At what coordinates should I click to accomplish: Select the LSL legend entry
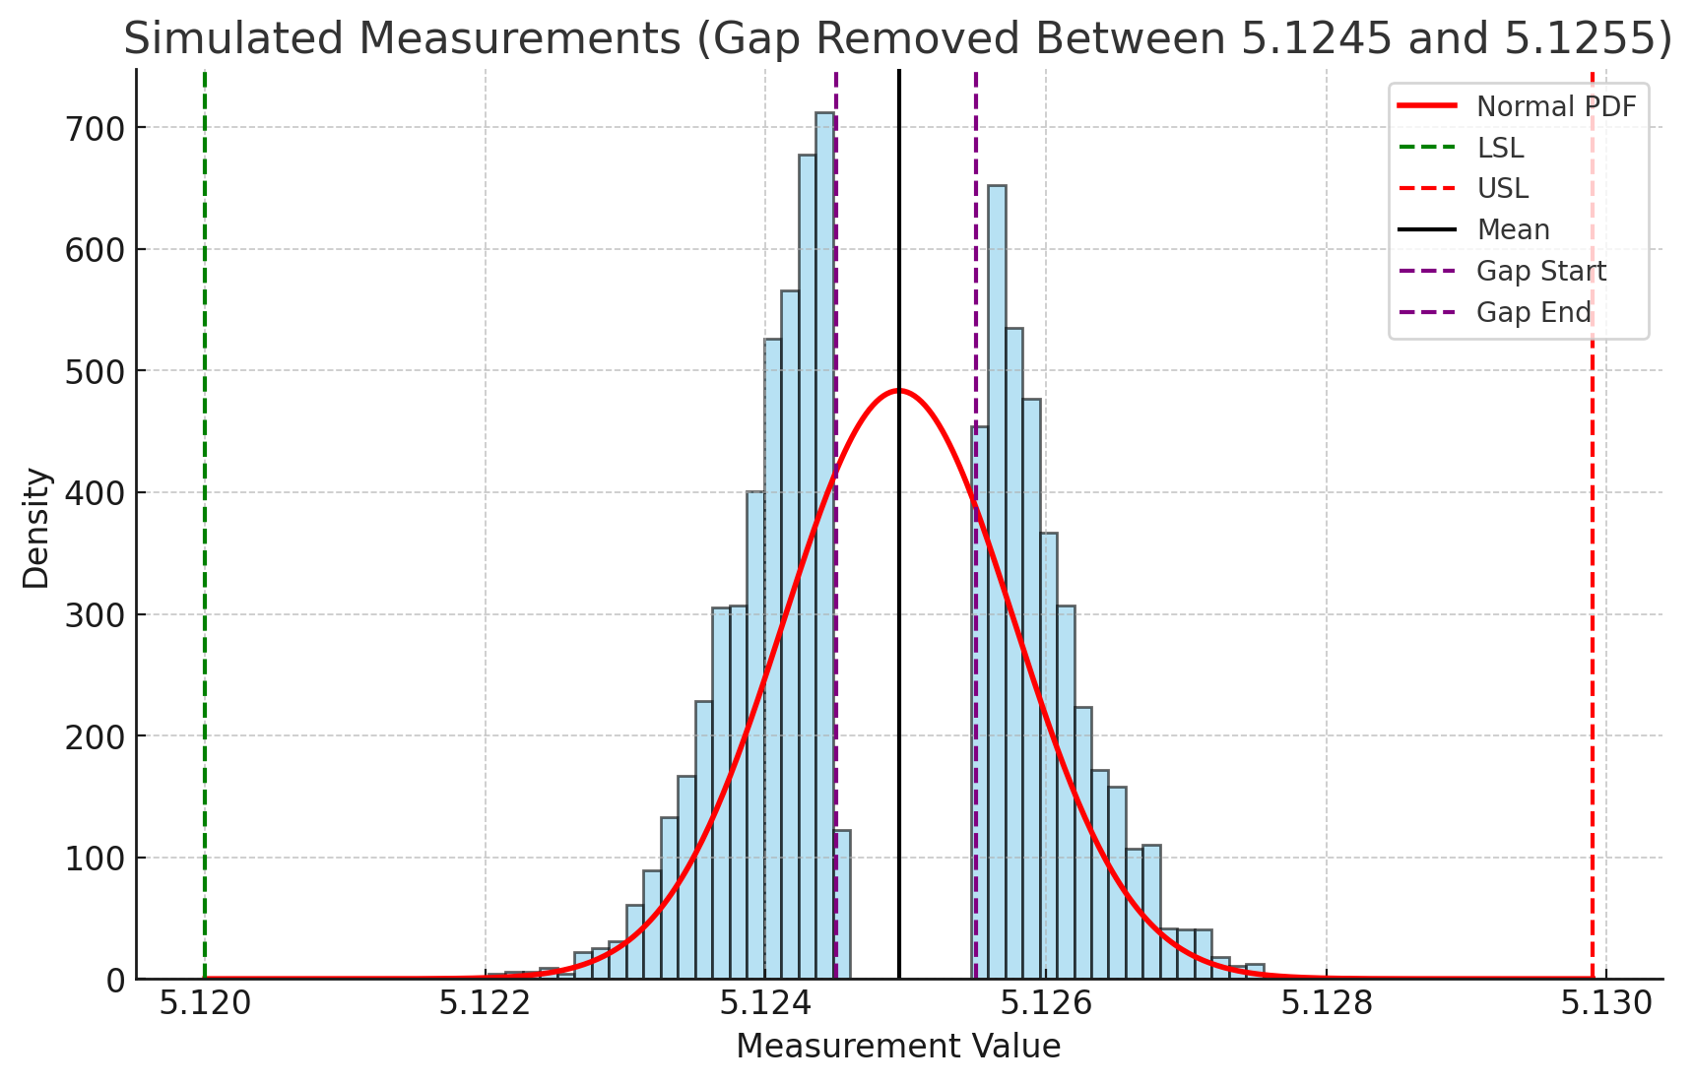click(x=1500, y=148)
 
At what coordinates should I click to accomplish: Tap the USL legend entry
click(x=1502, y=188)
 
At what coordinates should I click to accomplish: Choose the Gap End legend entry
click(x=1533, y=312)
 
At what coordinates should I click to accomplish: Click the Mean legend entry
click(x=1513, y=229)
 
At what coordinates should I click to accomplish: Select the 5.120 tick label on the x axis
click(x=204, y=1004)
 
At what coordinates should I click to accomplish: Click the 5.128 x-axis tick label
click(x=1327, y=1004)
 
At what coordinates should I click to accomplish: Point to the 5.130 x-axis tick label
click(x=1606, y=1004)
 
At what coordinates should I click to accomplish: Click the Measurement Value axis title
click(x=898, y=1047)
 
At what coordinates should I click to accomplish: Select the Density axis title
click(x=36, y=528)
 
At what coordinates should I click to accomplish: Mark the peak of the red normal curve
click(x=898, y=391)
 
